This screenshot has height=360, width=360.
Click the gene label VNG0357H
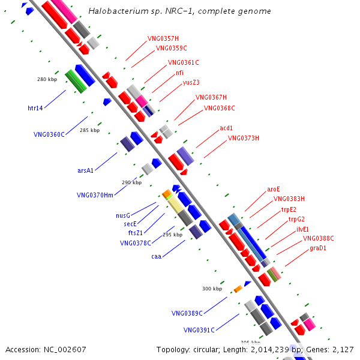pos(163,38)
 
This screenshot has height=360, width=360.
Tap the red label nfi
pos(179,73)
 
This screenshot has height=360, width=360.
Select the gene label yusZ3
pos(191,82)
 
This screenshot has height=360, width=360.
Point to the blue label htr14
pos(35,108)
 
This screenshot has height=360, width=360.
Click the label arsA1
pos(85,170)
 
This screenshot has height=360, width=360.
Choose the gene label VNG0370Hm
pos(95,195)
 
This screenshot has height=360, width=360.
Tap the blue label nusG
pos(123,215)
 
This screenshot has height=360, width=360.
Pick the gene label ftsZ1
pos(135,233)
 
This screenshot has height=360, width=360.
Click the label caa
pos(157,256)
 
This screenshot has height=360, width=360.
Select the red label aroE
pos(274,189)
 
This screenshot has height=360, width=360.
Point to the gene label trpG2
pos(296,219)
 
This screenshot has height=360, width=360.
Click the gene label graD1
pos(318,248)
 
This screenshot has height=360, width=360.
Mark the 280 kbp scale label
pos(47,79)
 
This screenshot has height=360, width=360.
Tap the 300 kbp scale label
pos(212,289)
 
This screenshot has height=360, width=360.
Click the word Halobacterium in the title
pos(118,11)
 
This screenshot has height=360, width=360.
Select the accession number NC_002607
pos(65,350)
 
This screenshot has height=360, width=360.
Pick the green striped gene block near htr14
pos(76,82)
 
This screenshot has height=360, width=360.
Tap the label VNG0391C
pos(199,330)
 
